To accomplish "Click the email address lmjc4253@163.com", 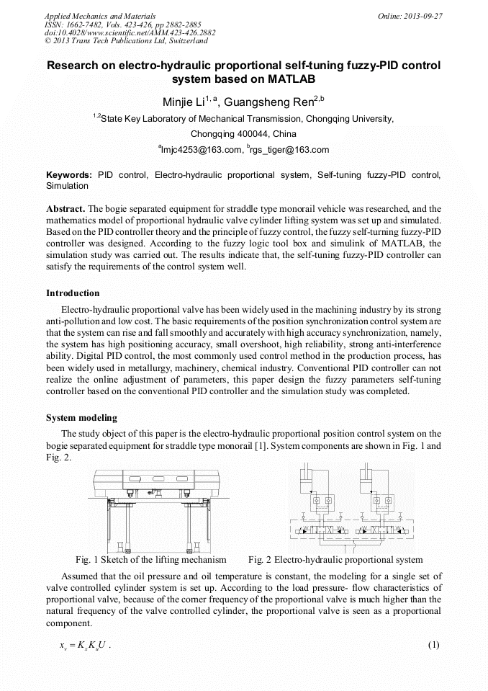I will click(202, 150).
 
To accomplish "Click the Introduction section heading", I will click(73, 293).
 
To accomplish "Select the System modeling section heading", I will click(81, 418).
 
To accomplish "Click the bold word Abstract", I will click(66, 208).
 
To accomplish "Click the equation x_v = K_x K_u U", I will click(83, 644).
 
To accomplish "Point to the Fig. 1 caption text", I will click(150, 559).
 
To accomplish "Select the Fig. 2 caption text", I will click(335, 559).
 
